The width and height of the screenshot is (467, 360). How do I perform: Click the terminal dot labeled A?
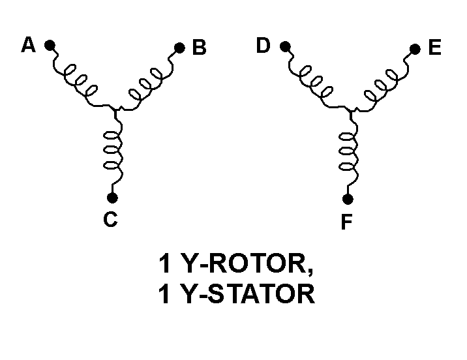[x=50, y=46]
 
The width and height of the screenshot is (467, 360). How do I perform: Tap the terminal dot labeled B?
[x=179, y=47]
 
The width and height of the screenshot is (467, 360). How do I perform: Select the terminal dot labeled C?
[x=112, y=197]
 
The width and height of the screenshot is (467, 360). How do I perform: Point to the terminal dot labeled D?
[x=284, y=46]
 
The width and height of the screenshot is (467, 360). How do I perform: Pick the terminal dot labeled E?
[x=415, y=48]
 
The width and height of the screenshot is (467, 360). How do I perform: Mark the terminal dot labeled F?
[x=348, y=198]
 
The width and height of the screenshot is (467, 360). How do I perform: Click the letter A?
[x=29, y=45]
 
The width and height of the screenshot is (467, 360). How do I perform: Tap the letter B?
[x=200, y=48]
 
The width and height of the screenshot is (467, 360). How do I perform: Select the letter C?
[x=110, y=220]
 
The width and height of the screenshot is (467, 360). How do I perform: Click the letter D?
[x=264, y=46]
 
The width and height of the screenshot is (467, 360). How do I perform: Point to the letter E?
[x=435, y=48]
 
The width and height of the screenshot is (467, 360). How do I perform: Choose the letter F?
[x=346, y=223]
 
